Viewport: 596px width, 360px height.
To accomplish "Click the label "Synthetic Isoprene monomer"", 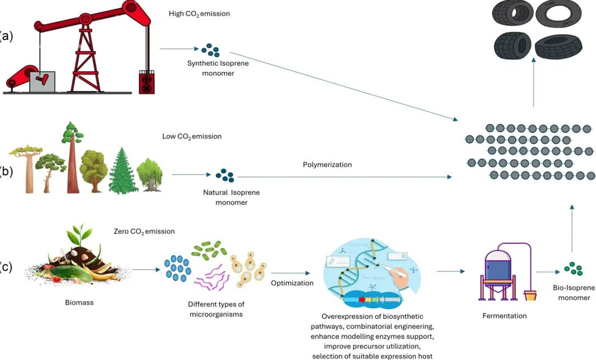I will [x=218, y=68].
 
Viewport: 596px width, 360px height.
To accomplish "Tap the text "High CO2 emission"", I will [x=199, y=14].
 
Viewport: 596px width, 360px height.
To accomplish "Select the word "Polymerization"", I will [x=327, y=165].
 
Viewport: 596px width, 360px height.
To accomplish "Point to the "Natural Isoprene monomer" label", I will [x=231, y=198].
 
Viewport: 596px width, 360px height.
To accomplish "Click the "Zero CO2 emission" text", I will [x=144, y=231].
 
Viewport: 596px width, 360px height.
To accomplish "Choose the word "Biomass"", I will [x=79, y=303].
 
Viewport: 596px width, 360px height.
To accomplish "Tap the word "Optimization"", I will [x=292, y=283].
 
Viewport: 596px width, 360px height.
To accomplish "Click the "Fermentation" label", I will [x=504, y=316].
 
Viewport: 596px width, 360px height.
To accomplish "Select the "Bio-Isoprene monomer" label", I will [x=574, y=292].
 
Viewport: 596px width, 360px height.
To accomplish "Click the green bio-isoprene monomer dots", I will [x=573, y=268].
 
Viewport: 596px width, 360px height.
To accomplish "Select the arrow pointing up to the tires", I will [x=534, y=82].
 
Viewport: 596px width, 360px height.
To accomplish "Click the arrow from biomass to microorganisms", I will [x=146, y=270].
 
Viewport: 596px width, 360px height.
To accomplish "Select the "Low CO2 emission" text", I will [x=192, y=136].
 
